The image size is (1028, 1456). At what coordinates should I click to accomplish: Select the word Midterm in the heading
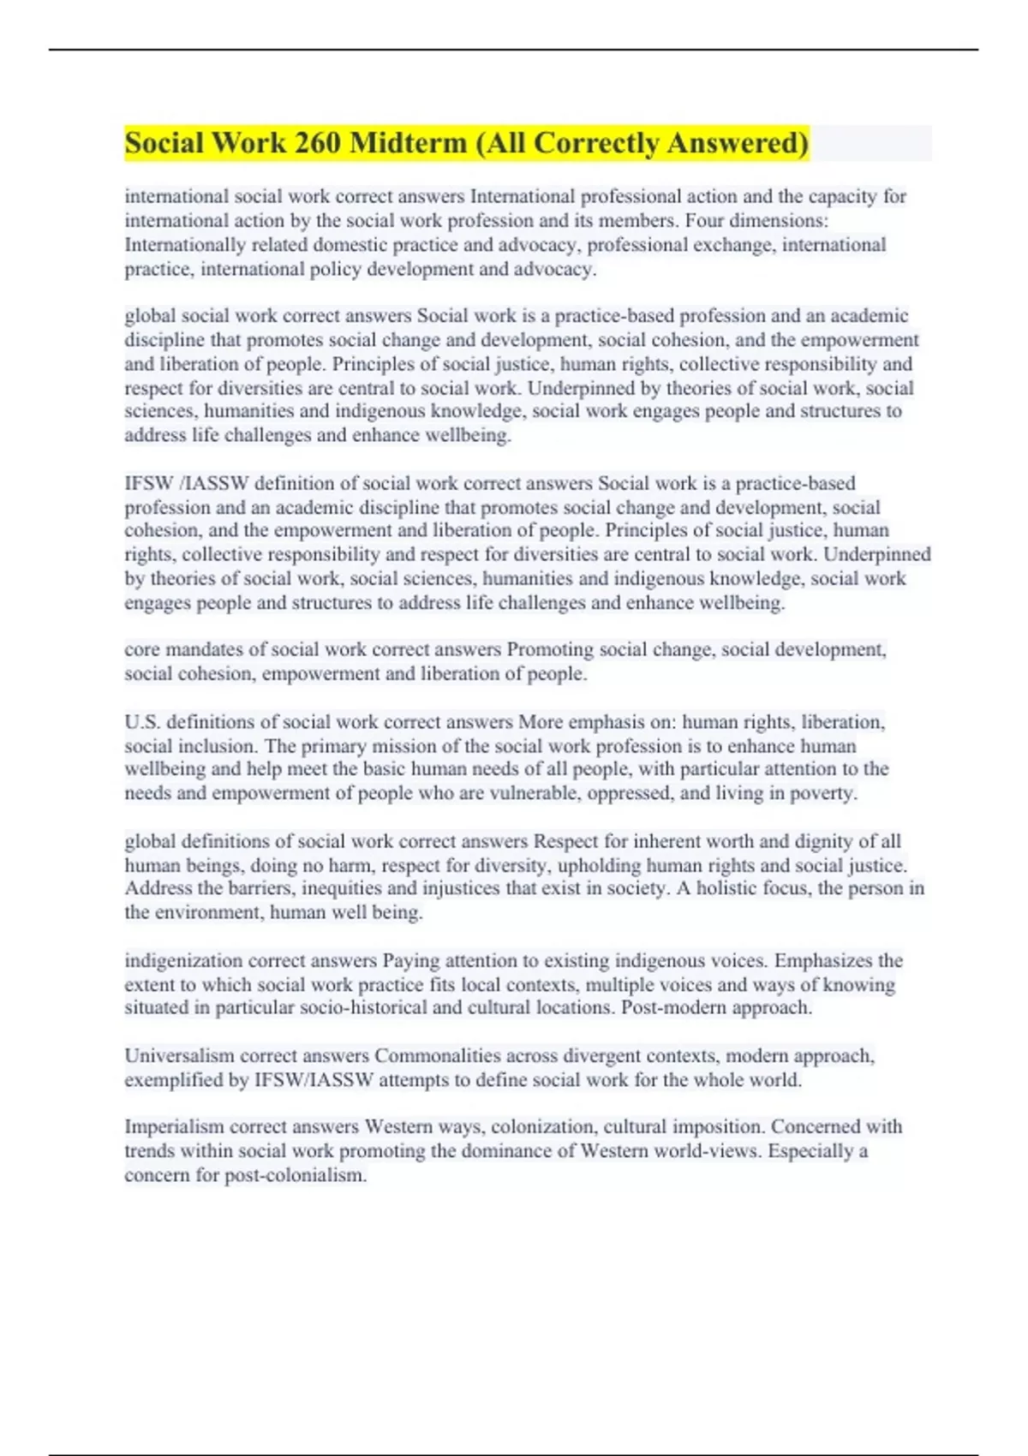click(408, 143)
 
